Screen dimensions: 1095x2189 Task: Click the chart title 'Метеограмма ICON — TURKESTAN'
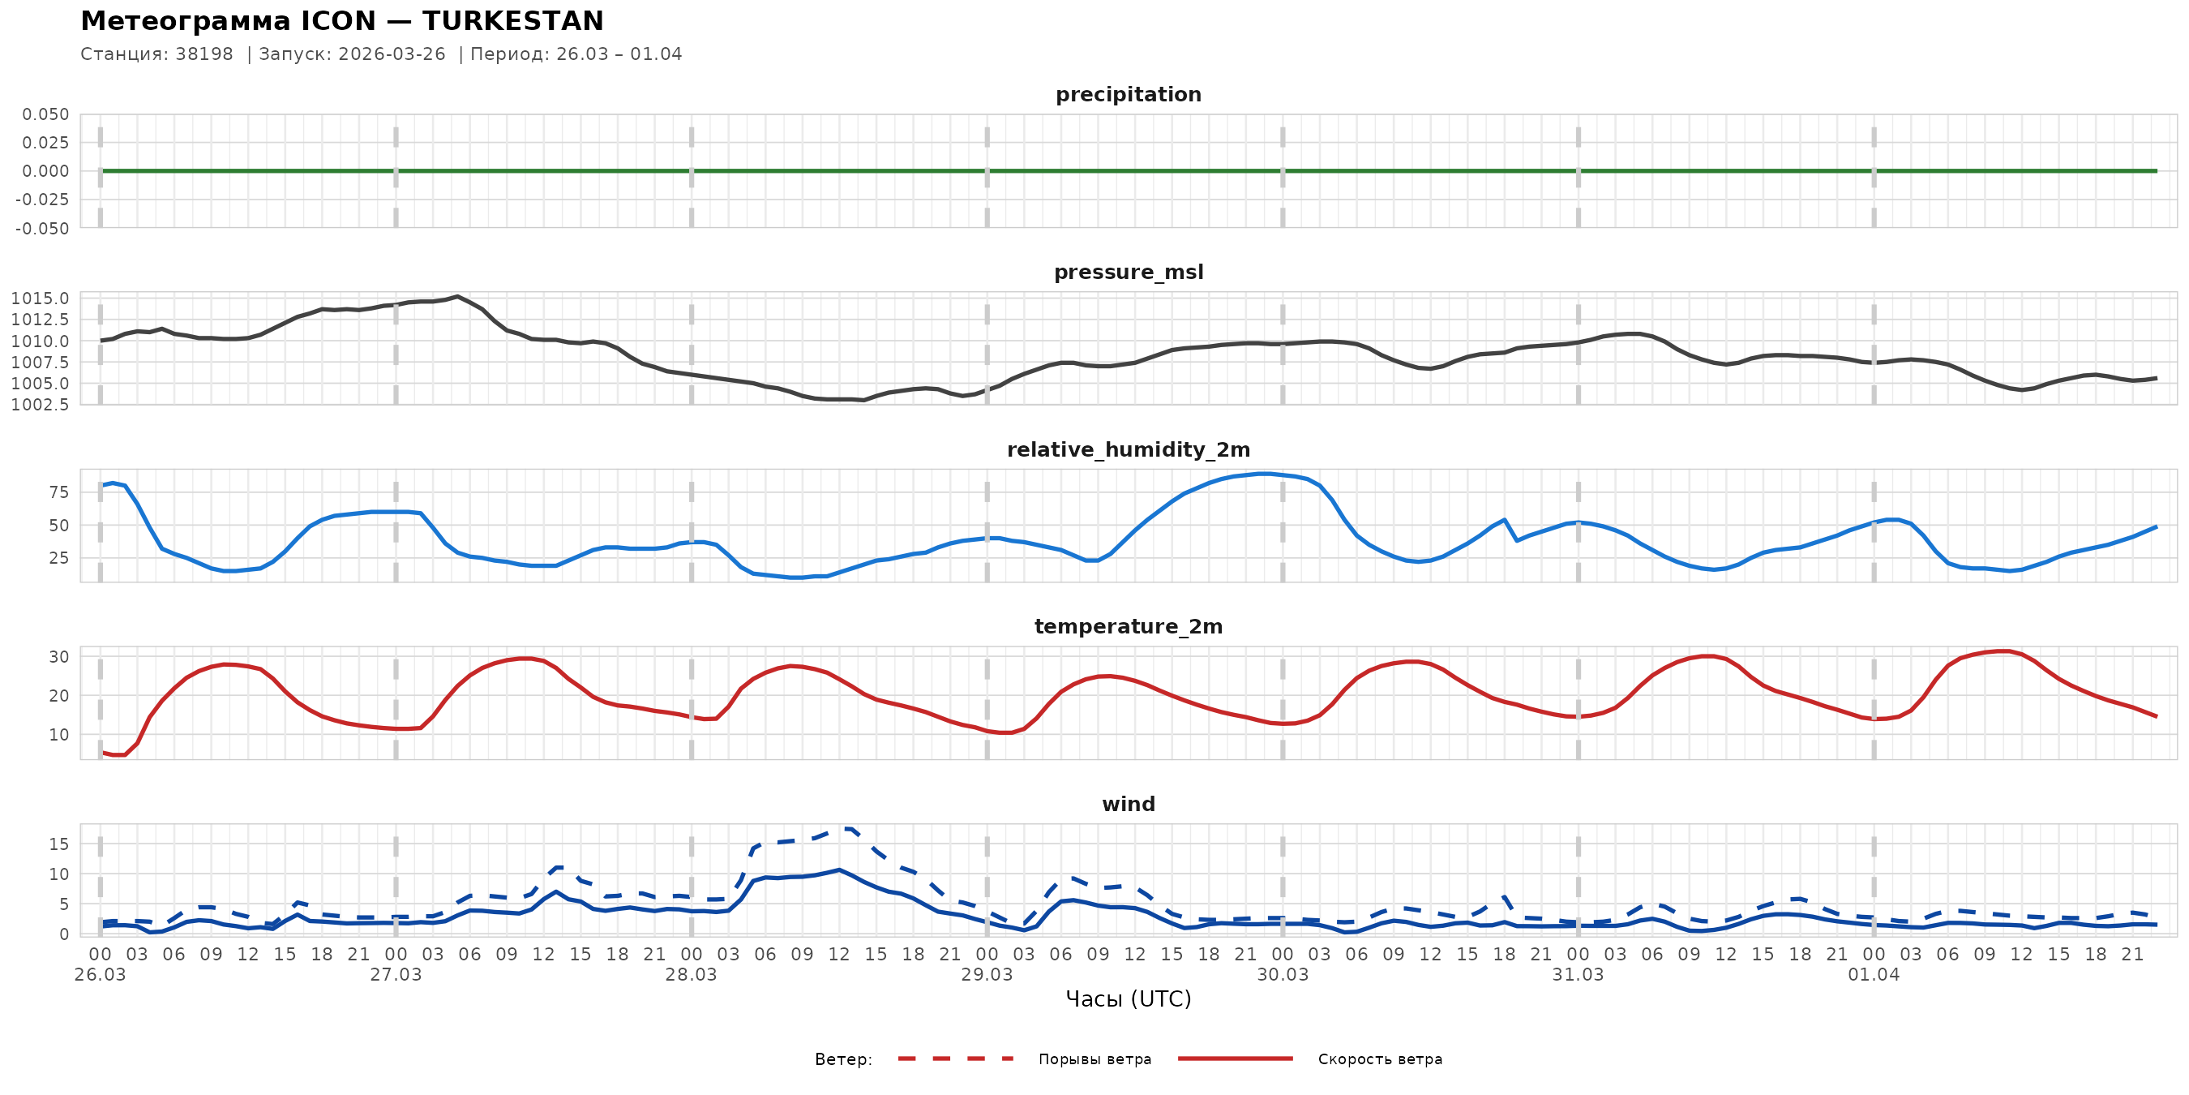(x=341, y=20)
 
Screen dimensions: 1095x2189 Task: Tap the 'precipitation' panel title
(x=1128, y=94)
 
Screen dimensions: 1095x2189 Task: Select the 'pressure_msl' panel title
(x=1128, y=272)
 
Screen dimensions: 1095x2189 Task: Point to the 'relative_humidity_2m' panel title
(x=1128, y=449)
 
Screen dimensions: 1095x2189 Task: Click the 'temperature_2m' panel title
(x=1128, y=626)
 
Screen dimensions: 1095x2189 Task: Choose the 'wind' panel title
(x=1128, y=805)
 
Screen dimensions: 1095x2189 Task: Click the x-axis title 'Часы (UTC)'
(x=1128, y=999)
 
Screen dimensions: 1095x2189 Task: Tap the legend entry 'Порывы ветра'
(x=1094, y=1059)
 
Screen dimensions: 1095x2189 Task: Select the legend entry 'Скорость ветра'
(x=1379, y=1059)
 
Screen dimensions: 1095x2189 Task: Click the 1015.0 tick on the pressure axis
(x=40, y=298)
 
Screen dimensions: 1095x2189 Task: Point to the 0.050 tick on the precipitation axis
(x=45, y=114)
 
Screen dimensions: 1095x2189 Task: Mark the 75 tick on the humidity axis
(x=58, y=492)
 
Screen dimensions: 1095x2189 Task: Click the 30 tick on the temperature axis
(x=58, y=657)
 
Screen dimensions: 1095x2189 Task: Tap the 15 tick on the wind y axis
(x=58, y=844)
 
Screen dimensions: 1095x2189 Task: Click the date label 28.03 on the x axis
(x=691, y=975)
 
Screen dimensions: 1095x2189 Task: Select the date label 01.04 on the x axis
(x=1873, y=975)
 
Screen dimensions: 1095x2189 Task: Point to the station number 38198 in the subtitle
(x=204, y=54)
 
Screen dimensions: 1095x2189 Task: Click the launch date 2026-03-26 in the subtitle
(x=392, y=54)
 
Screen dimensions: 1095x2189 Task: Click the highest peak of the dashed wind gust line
(x=845, y=827)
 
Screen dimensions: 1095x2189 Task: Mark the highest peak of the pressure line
(x=458, y=297)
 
